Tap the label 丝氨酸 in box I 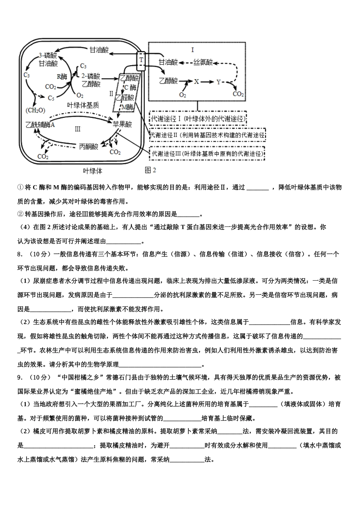coord(203,62)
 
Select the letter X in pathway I coord(196,81)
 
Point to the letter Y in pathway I coord(218,82)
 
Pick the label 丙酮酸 coord(89,146)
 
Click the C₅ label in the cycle coord(51,98)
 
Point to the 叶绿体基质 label coord(83,105)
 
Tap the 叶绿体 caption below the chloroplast coord(92,171)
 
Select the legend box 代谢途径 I coord(198,119)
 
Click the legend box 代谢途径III coord(207,153)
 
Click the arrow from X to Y coord(207,82)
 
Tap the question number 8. coord(19,254)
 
